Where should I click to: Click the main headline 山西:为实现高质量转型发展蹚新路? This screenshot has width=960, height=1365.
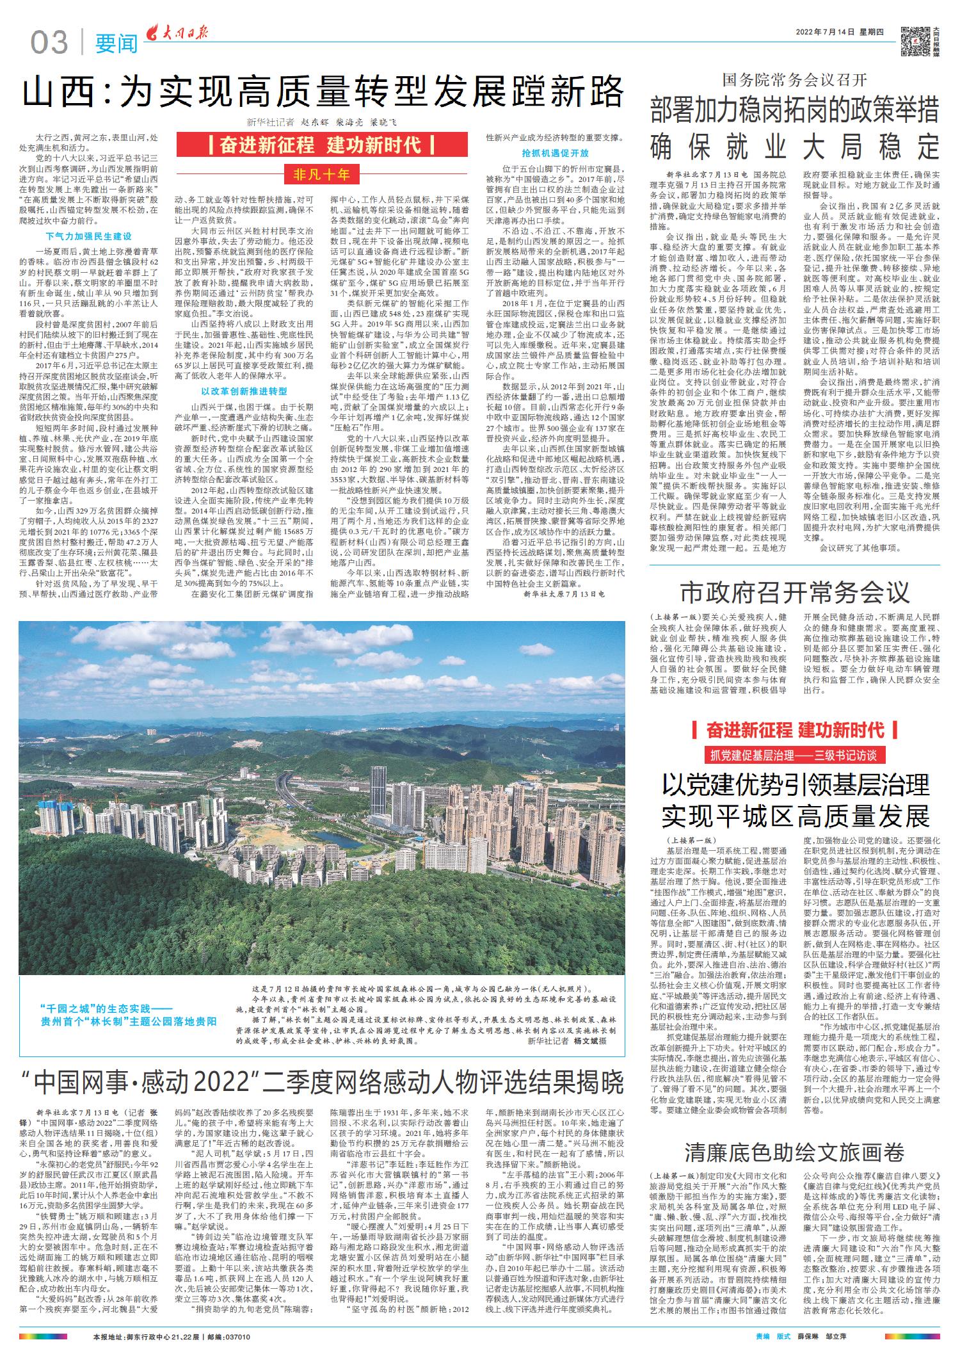pyautogui.click(x=323, y=92)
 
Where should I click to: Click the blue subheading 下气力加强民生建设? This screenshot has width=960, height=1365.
pyautogui.click(x=88, y=236)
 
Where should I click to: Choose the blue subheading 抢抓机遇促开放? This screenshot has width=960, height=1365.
pyautogui.click(x=555, y=154)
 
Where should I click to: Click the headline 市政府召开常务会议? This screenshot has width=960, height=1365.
pyautogui.click(x=794, y=592)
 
